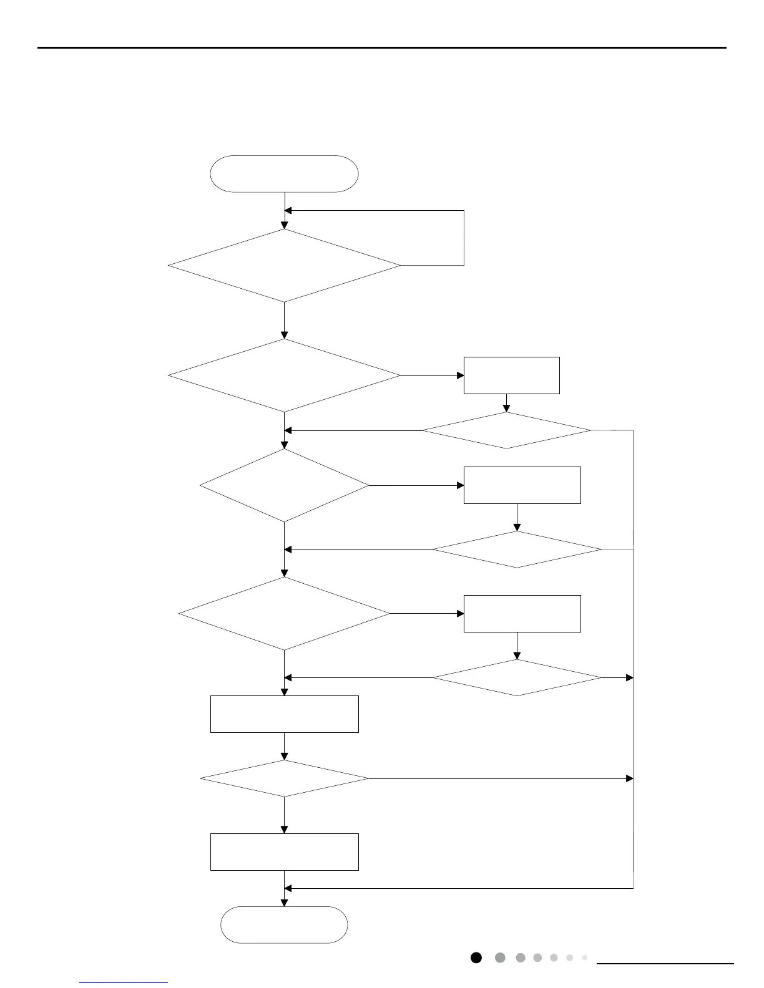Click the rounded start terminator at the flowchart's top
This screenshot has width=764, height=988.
click(x=284, y=173)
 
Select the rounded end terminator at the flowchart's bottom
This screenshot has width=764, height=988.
click(x=284, y=924)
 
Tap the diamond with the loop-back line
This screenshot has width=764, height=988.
click(x=284, y=266)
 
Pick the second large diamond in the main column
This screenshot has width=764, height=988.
click(x=284, y=375)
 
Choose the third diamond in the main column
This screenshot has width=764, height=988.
click(x=284, y=485)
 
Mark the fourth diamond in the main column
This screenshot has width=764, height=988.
click(x=284, y=614)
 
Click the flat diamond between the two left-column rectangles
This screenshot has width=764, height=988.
click(x=284, y=778)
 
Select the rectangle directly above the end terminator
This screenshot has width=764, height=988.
click(x=284, y=851)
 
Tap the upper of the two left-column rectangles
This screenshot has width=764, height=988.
click(x=284, y=714)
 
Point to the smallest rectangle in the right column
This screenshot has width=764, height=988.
click(x=511, y=375)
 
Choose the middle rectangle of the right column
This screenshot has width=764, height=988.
click(x=522, y=485)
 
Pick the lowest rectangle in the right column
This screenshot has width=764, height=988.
click(x=522, y=614)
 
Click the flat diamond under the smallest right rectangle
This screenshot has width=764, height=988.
click(x=506, y=430)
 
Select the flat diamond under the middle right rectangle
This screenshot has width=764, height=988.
click(x=517, y=550)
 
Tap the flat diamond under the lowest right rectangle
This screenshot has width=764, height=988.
click(x=517, y=677)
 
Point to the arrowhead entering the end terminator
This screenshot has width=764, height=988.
click(x=284, y=903)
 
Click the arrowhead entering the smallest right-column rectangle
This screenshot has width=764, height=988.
click(x=461, y=375)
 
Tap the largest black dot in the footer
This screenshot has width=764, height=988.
click(x=476, y=957)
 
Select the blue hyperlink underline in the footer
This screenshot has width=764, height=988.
click(x=124, y=982)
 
